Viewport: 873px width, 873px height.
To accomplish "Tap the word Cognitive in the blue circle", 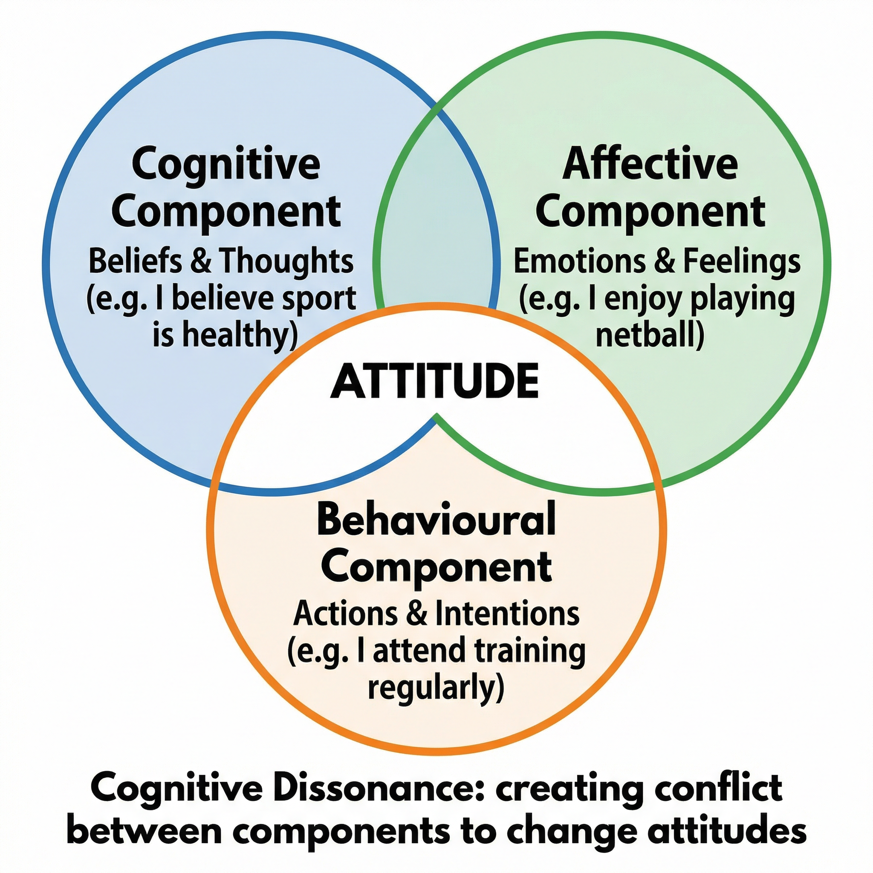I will [226, 164].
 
